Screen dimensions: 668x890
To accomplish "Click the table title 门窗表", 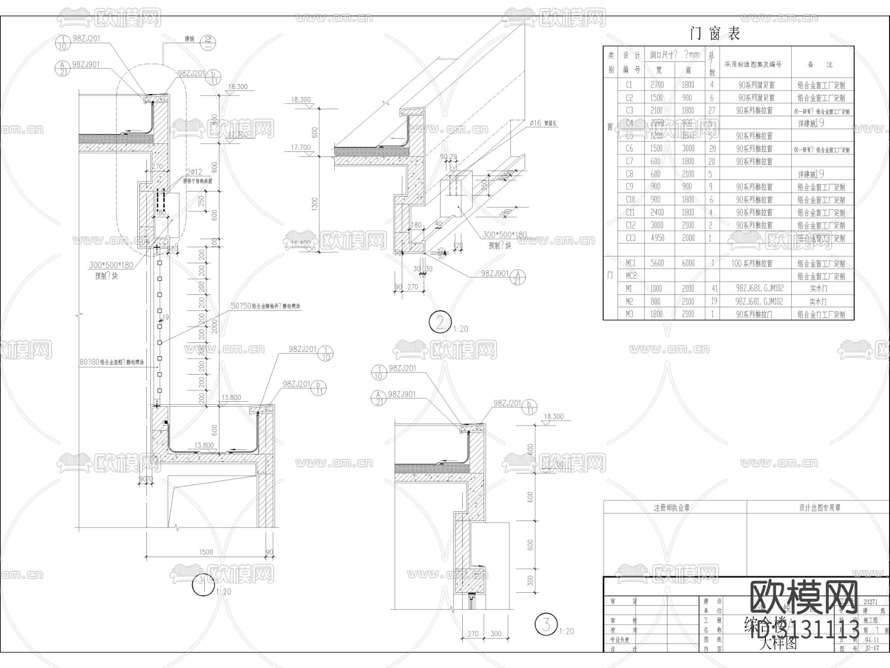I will (715, 34).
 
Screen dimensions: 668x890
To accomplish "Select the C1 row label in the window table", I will (629, 85).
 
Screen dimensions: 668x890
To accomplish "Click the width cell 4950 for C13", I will (657, 238).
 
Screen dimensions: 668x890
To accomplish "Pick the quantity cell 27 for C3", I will (712, 110).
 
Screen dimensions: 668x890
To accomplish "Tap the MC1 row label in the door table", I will (631, 264).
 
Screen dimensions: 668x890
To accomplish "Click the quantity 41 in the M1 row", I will (712, 288).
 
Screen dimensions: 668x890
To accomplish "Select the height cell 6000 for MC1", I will (688, 264).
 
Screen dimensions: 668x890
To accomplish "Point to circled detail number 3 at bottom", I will (546, 624).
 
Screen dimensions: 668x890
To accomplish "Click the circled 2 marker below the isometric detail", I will (439, 323).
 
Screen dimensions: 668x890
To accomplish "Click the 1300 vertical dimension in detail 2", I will (315, 202).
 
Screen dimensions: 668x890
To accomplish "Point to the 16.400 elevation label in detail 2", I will (301, 243).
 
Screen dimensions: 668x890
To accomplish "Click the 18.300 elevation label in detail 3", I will (554, 417).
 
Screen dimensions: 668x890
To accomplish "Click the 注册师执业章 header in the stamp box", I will (671, 508).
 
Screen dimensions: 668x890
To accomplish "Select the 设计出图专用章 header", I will (819, 508).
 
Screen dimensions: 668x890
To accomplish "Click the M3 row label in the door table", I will (629, 314).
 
